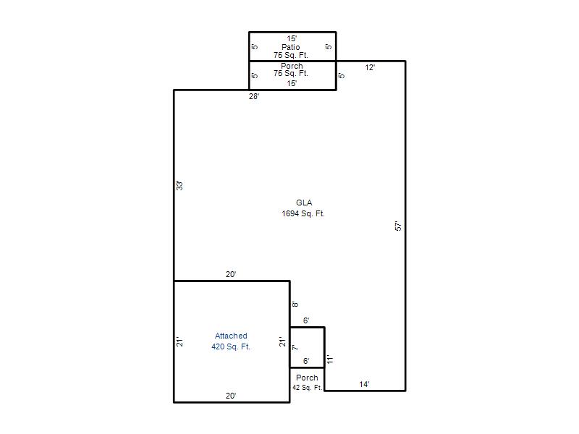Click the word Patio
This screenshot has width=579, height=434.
pyautogui.click(x=291, y=47)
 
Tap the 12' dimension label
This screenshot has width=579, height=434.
pyautogui.click(x=370, y=67)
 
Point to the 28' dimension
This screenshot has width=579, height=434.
pyautogui.click(x=254, y=96)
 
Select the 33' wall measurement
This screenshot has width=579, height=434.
pyautogui.click(x=179, y=185)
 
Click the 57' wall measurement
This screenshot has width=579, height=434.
pyautogui.click(x=398, y=226)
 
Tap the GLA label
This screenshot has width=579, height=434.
pyautogui.click(x=304, y=203)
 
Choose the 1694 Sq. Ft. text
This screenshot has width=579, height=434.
pyautogui.click(x=303, y=213)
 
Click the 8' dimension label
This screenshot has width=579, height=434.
pyautogui.click(x=295, y=305)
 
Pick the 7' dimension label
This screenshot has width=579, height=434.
pyautogui.click(x=295, y=347)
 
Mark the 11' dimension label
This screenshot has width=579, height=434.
pyautogui.click(x=330, y=359)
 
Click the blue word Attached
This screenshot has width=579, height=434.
pyautogui.click(x=231, y=336)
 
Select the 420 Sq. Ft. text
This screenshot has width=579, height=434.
pyautogui.click(x=231, y=346)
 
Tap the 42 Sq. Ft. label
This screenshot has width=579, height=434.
pyautogui.click(x=307, y=388)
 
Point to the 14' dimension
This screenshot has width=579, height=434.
pyautogui.click(x=364, y=384)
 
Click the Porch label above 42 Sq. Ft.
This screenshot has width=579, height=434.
pyautogui.click(x=307, y=378)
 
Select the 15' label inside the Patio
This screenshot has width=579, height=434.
pyautogui.click(x=292, y=38)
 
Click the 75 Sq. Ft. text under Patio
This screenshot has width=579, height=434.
pyautogui.click(x=291, y=55)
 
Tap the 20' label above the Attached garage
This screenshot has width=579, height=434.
pyautogui.click(x=231, y=274)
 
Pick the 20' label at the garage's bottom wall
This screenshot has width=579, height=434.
pyautogui.click(x=231, y=396)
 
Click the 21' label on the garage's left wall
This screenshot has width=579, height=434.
pyautogui.click(x=179, y=341)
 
